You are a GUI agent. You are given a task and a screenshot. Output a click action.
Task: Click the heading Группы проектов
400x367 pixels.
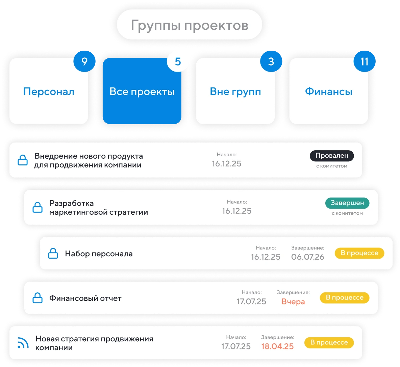189,25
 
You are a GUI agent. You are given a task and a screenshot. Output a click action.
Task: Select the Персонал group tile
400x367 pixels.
49,91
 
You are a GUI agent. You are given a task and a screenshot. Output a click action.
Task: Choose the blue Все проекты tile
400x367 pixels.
142,91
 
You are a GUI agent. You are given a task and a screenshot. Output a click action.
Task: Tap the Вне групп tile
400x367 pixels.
235,91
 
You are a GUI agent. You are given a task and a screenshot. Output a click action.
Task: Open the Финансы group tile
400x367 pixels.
328,91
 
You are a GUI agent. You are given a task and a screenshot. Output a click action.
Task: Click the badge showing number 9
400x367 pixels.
84,61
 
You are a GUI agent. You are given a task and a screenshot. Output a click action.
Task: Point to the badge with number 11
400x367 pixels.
364,61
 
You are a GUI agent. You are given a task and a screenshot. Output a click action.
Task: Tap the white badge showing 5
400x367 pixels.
178,61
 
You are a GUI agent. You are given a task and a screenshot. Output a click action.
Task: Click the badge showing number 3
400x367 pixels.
271,61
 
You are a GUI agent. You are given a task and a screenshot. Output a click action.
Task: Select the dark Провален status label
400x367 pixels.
331,156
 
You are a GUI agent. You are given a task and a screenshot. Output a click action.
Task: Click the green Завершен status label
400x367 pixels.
347,203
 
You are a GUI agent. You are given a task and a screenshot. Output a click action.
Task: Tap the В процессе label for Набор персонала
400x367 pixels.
359,253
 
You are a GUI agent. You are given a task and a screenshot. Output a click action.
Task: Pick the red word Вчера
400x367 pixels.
293,302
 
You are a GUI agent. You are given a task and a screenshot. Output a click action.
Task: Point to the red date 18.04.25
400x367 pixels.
277,346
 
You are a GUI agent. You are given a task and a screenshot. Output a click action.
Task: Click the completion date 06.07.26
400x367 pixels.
307,257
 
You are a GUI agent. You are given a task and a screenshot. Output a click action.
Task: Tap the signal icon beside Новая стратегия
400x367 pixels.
23,343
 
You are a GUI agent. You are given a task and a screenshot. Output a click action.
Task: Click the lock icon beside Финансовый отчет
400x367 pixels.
37,298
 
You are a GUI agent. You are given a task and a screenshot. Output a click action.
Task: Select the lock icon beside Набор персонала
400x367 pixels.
53,253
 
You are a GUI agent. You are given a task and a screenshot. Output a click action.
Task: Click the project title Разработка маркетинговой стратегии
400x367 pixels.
98,208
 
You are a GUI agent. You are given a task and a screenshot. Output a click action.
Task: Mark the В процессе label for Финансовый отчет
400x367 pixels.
344,298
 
